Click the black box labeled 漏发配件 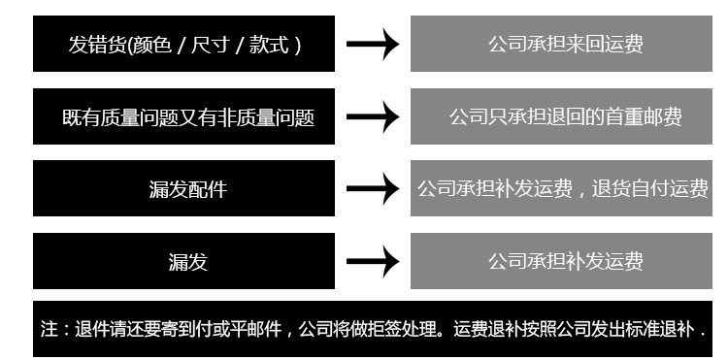click(x=183, y=188)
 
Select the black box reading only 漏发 click(x=183, y=261)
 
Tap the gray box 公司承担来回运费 click(x=561, y=44)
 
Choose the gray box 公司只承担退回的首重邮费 click(x=561, y=116)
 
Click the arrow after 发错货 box click(x=373, y=44)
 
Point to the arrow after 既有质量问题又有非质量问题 click(x=373, y=116)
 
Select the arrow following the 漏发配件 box click(x=373, y=188)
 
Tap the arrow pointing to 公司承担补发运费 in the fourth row click(x=373, y=261)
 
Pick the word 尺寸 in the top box click(x=211, y=45)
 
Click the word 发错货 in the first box click(x=97, y=45)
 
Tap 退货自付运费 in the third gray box click(x=650, y=189)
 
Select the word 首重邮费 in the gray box click(x=643, y=117)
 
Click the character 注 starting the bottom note click(x=50, y=329)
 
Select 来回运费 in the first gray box click(x=605, y=45)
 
